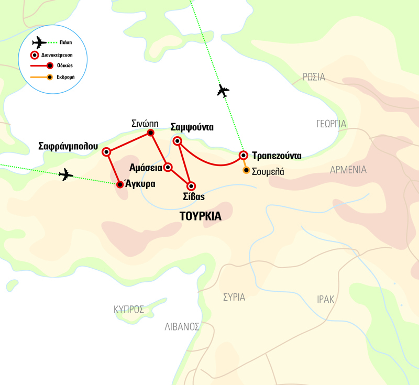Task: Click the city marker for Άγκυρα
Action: pyautogui.click(x=120, y=184)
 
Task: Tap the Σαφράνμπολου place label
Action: pyautogui.click(x=68, y=147)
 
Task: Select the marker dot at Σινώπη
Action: pyautogui.click(x=151, y=133)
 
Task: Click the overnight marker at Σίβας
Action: pyautogui.click(x=191, y=185)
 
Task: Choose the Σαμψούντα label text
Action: pyautogui.click(x=192, y=127)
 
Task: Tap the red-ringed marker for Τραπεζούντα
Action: pyautogui.click(x=243, y=155)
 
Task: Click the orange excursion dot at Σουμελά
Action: pyautogui.click(x=246, y=170)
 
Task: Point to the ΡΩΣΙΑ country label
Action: pyautogui.click(x=314, y=78)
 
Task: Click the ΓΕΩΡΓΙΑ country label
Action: pyautogui.click(x=331, y=124)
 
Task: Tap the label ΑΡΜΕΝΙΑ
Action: pyautogui.click(x=348, y=170)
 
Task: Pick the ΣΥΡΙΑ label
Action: pyautogui.click(x=234, y=298)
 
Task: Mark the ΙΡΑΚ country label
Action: pyautogui.click(x=325, y=299)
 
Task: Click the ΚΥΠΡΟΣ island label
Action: pyautogui.click(x=129, y=310)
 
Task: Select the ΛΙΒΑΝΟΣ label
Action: pyautogui.click(x=182, y=327)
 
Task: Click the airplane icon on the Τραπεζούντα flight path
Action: pyautogui.click(x=223, y=91)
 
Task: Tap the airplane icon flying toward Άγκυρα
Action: pyautogui.click(x=66, y=174)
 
